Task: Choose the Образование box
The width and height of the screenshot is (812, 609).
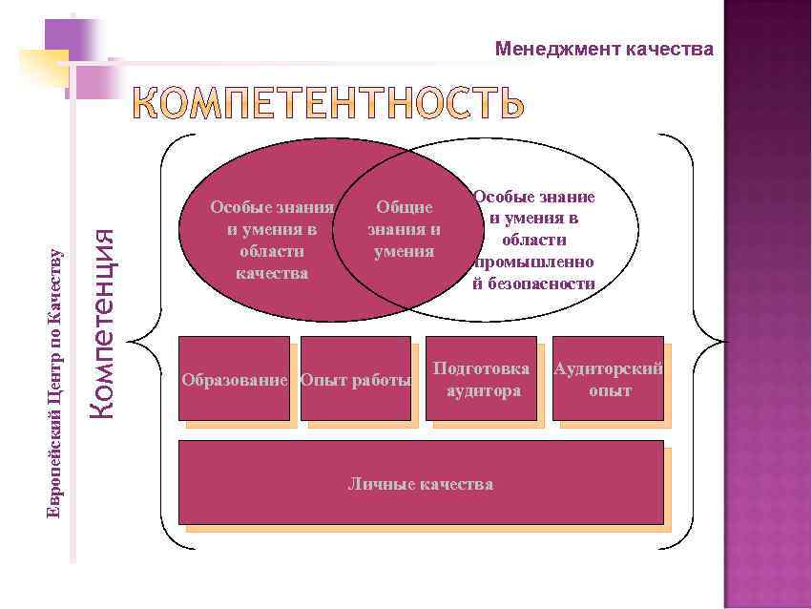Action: click(234, 378)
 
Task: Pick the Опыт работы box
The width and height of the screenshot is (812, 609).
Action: click(356, 378)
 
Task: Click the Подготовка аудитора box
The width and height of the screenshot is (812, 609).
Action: click(481, 378)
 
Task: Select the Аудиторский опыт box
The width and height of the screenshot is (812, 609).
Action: click(608, 378)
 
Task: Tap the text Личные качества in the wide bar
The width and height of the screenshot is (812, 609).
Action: click(420, 484)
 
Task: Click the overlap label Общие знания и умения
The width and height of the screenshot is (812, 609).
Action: click(405, 229)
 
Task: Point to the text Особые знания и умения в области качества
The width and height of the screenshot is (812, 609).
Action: click(272, 240)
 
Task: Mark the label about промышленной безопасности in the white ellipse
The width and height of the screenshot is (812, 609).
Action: click(533, 240)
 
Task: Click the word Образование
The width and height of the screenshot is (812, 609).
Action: click(235, 381)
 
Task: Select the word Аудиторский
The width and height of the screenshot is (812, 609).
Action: click(608, 368)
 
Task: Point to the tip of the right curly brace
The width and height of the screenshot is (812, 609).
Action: click(724, 341)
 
